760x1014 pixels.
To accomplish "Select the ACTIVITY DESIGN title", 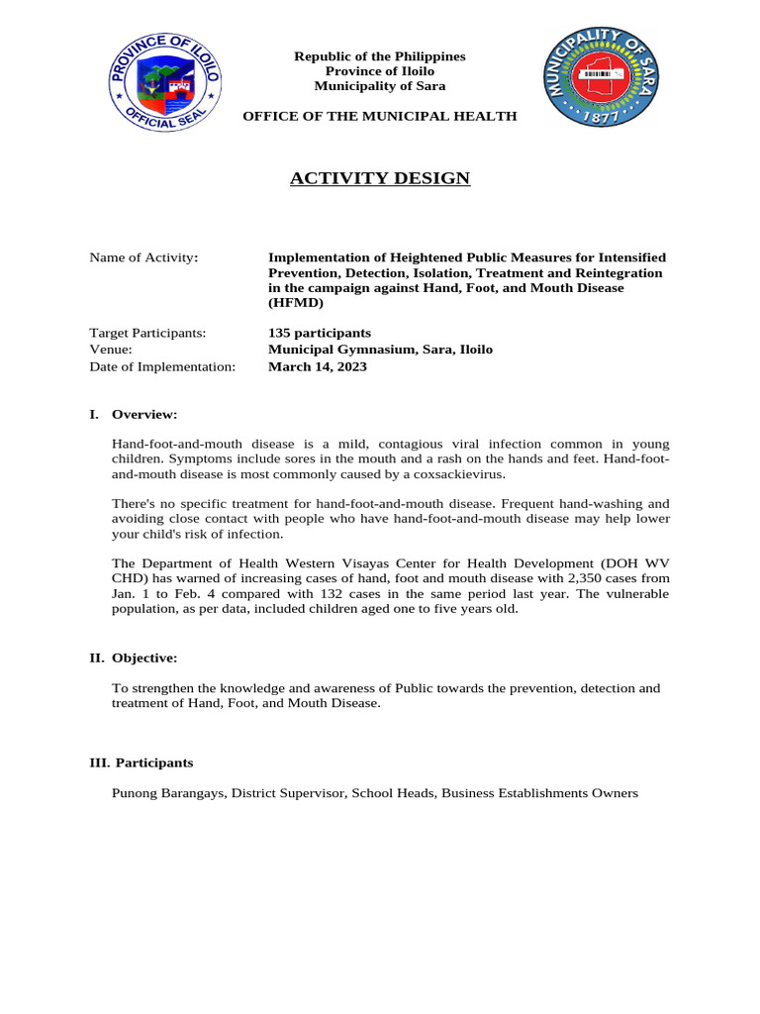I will (x=380, y=178).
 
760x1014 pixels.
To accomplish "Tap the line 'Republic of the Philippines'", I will (x=380, y=56).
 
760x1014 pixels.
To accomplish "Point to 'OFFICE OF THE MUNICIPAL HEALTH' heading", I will (x=380, y=116).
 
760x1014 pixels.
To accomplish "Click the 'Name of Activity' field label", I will (x=143, y=257).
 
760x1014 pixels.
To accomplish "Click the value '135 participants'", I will (x=320, y=333).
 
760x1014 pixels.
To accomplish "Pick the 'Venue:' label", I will (x=111, y=350).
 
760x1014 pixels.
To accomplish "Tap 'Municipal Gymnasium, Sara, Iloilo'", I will (x=380, y=350).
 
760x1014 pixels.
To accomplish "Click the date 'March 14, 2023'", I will (x=317, y=366).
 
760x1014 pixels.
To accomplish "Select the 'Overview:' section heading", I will (x=144, y=414).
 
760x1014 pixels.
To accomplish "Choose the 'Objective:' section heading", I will (x=146, y=658).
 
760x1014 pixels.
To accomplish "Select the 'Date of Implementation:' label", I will (x=162, y=366).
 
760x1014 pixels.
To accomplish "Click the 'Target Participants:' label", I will (x=147, y=333).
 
